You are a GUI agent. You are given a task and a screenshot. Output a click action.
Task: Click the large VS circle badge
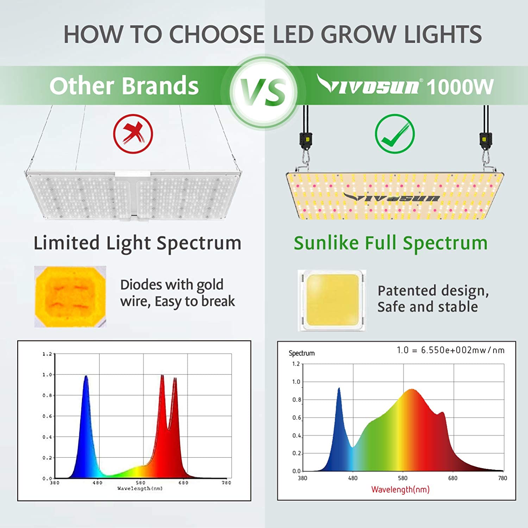click(x=263, y=91)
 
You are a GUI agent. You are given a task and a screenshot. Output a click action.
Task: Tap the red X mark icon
click(x=133, y=134)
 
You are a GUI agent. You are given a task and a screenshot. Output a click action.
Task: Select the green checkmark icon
click(x=395, y=134)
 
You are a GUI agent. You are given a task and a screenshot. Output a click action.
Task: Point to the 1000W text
click(x=460, y=87)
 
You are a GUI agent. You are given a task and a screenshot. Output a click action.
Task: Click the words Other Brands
click(x=124, y=86)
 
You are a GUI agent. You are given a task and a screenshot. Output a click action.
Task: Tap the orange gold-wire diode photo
click(x=70, y=296)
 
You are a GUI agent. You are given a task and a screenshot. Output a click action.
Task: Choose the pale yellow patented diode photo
click(x=332, y=300)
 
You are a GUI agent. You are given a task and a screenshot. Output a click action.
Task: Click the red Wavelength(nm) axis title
click(x=400, y=489)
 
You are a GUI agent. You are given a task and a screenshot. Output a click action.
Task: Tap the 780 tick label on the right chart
click(x=502, y=478)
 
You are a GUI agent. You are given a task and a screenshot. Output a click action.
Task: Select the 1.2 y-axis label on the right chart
click(x=296, y=364)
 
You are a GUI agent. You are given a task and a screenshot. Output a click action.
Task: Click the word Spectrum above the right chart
click(x=302, y=353)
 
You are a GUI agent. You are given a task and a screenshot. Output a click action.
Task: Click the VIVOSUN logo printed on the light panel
click(x=391, y=198)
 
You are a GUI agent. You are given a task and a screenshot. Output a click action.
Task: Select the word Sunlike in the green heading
click(x=326, y=243)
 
